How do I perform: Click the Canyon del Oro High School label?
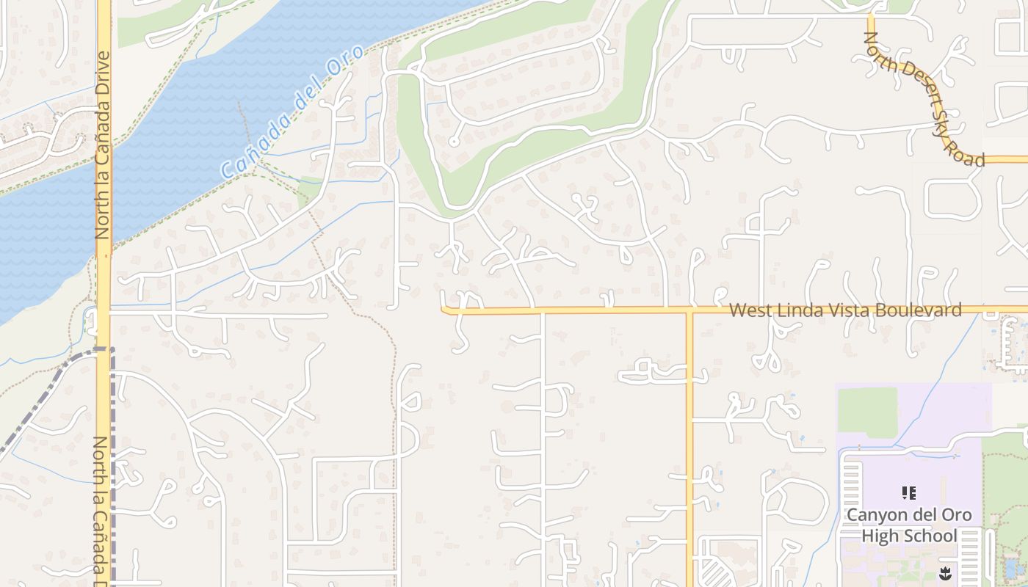click(x=909, y=525)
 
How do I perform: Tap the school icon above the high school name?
click(x=909, y=493)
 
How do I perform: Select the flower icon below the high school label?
click(x=945, y=572)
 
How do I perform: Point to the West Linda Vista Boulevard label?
click(x=845, y=310)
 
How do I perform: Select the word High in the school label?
click(x=879, y=536)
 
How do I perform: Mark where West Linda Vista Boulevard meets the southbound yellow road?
click(x=689, y=311)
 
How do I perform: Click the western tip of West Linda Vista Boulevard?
click(x=444, y=310)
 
